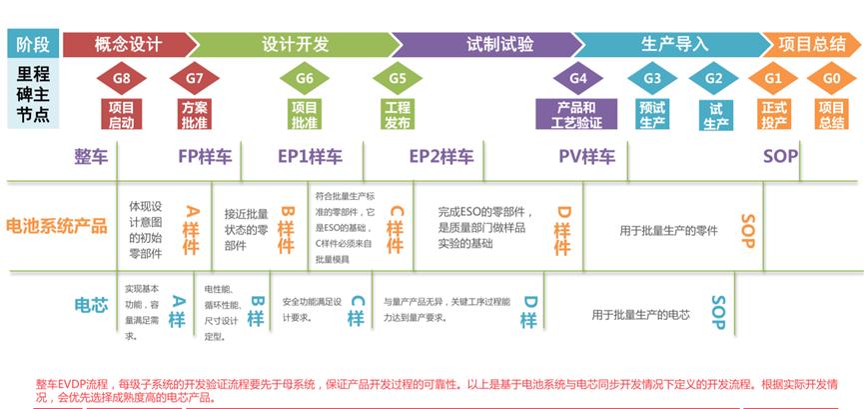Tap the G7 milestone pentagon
[x=195, y=78]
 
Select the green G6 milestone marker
[x=305, y=78]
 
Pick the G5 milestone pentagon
[x=398, y=78]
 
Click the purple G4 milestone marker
[x=577, y=78]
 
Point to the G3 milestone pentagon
[x=652, y=78]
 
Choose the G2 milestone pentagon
[x=714, y=78]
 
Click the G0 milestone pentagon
[x=831, y=78]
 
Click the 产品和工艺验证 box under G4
[x=577, y=115]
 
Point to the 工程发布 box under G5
[x=398, y=115]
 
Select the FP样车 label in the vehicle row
[x=205, y=156]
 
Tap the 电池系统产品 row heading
[x=57, y=226]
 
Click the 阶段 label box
[x=33, y=44]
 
